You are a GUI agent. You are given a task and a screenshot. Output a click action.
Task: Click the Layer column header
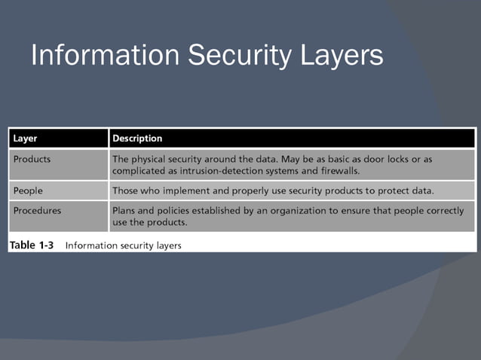26,139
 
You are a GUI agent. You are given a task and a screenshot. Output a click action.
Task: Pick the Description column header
137,139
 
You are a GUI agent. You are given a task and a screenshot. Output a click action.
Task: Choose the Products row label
32,160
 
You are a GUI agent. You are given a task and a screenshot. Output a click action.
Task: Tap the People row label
28,190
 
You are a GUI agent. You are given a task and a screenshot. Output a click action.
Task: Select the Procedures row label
38,211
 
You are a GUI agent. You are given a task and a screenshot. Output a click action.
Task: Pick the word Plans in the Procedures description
125,211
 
